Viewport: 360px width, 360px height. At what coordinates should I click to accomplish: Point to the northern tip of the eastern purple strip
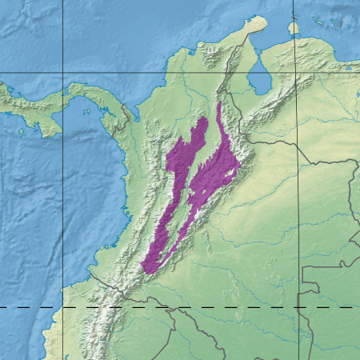(x=218, y=103)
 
